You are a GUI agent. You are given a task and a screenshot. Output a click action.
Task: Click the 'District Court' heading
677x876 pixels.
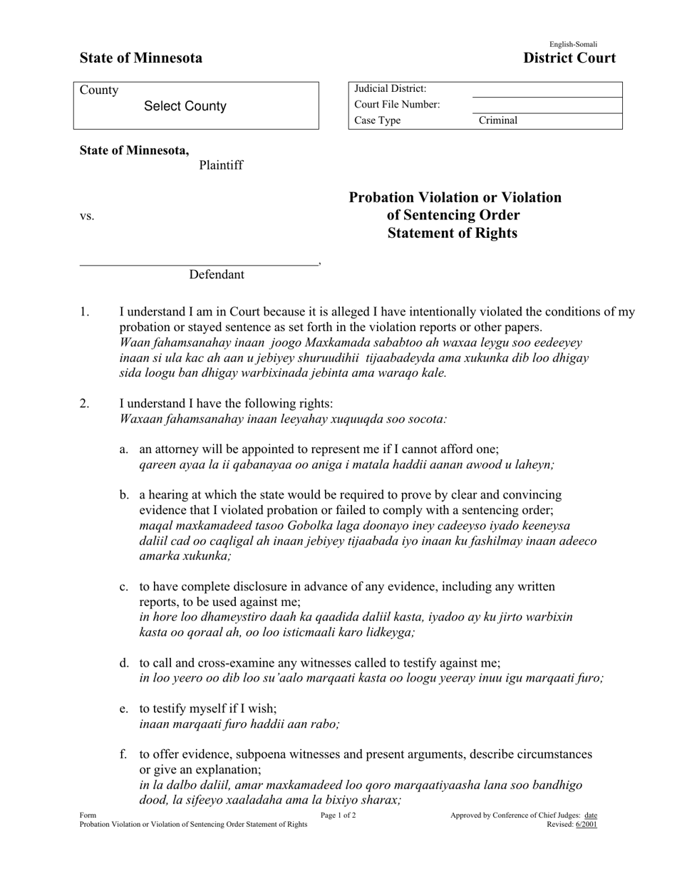pos(569,58)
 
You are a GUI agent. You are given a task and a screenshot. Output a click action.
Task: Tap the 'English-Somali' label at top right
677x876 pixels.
pos(573,44)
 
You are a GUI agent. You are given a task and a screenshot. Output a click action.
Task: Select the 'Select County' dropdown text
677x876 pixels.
pos(185,106)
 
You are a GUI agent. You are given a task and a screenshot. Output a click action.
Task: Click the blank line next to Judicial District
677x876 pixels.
pos(547,90)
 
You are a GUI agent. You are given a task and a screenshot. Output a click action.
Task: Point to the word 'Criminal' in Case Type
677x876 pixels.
pos(498,120)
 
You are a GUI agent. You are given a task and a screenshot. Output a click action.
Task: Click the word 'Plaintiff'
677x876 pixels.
pos(221,165)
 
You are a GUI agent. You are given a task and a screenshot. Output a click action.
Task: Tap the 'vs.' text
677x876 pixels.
pos(87,216)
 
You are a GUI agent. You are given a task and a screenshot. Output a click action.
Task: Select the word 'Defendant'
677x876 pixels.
pos(217,275)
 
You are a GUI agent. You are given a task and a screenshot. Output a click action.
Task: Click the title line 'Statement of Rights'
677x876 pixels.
pos(453,233)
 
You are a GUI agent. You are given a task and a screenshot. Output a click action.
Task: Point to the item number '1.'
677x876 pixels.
pos(85,311)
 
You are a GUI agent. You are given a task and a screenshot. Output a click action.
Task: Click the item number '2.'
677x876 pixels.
pos(85,403)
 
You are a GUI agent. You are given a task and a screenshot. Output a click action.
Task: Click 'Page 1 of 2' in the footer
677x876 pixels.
pos(338,815)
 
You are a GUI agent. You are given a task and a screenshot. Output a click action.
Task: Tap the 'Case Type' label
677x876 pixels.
pos(377,120)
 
